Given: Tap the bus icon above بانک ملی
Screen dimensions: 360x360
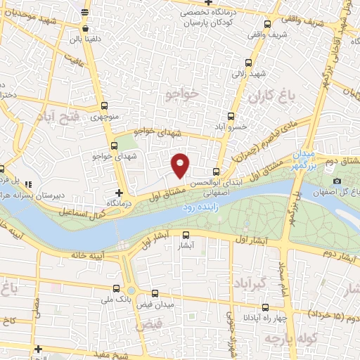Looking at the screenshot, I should (x=117, y=288).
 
